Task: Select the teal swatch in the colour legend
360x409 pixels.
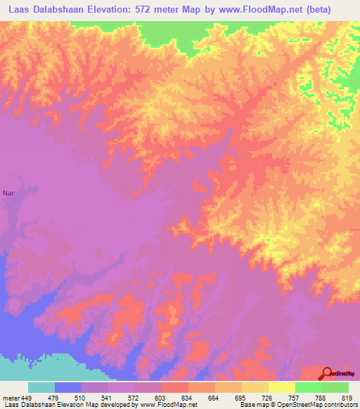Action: [41, 387]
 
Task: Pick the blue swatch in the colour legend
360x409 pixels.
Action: [68, 387]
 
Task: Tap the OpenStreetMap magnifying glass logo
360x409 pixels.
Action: [326, 372]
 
